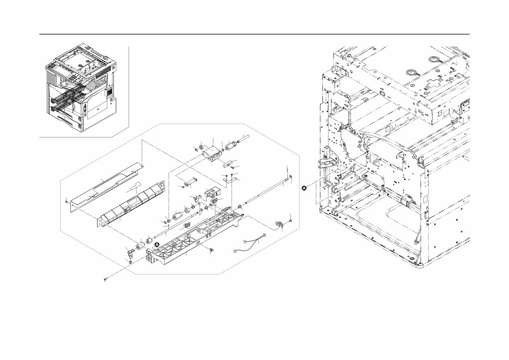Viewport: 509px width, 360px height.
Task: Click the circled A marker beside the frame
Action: point(304,188)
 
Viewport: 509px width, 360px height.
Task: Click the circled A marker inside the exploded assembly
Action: point(157,245)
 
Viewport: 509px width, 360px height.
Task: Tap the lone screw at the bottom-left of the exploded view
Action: point(105,280)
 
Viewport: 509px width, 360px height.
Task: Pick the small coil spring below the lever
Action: point(131,260)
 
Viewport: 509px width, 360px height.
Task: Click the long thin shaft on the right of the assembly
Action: point(267,192)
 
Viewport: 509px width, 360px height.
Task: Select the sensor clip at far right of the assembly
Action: point(280,225)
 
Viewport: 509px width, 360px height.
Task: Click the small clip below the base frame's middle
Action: point(211,250)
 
